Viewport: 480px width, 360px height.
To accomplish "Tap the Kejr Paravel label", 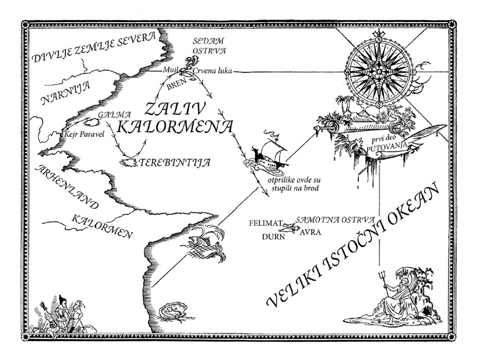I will pos(83,135).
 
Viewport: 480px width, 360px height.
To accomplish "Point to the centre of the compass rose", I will pos(379,73).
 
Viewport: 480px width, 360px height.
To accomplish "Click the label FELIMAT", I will pos(265,223).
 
